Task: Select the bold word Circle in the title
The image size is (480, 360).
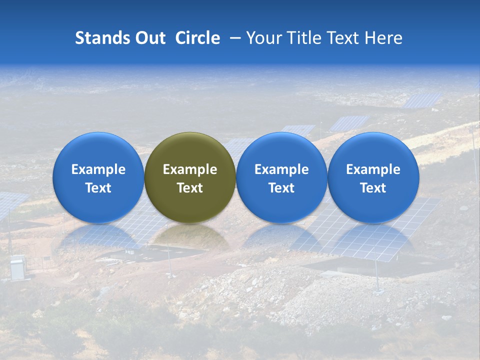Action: [197, 38]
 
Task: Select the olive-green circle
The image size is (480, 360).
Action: [190, 177]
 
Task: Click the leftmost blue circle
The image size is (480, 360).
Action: [98, 177]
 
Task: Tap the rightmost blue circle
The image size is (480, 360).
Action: [373, 177]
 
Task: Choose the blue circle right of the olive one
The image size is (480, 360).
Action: [281, 177]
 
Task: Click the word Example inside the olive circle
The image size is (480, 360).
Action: [190, 169]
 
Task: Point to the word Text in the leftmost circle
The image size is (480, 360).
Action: [98, 188]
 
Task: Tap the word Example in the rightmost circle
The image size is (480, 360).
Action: [373, 169]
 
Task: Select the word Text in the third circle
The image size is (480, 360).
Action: [281, 188]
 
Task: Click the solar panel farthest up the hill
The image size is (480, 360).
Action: [422, 99]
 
